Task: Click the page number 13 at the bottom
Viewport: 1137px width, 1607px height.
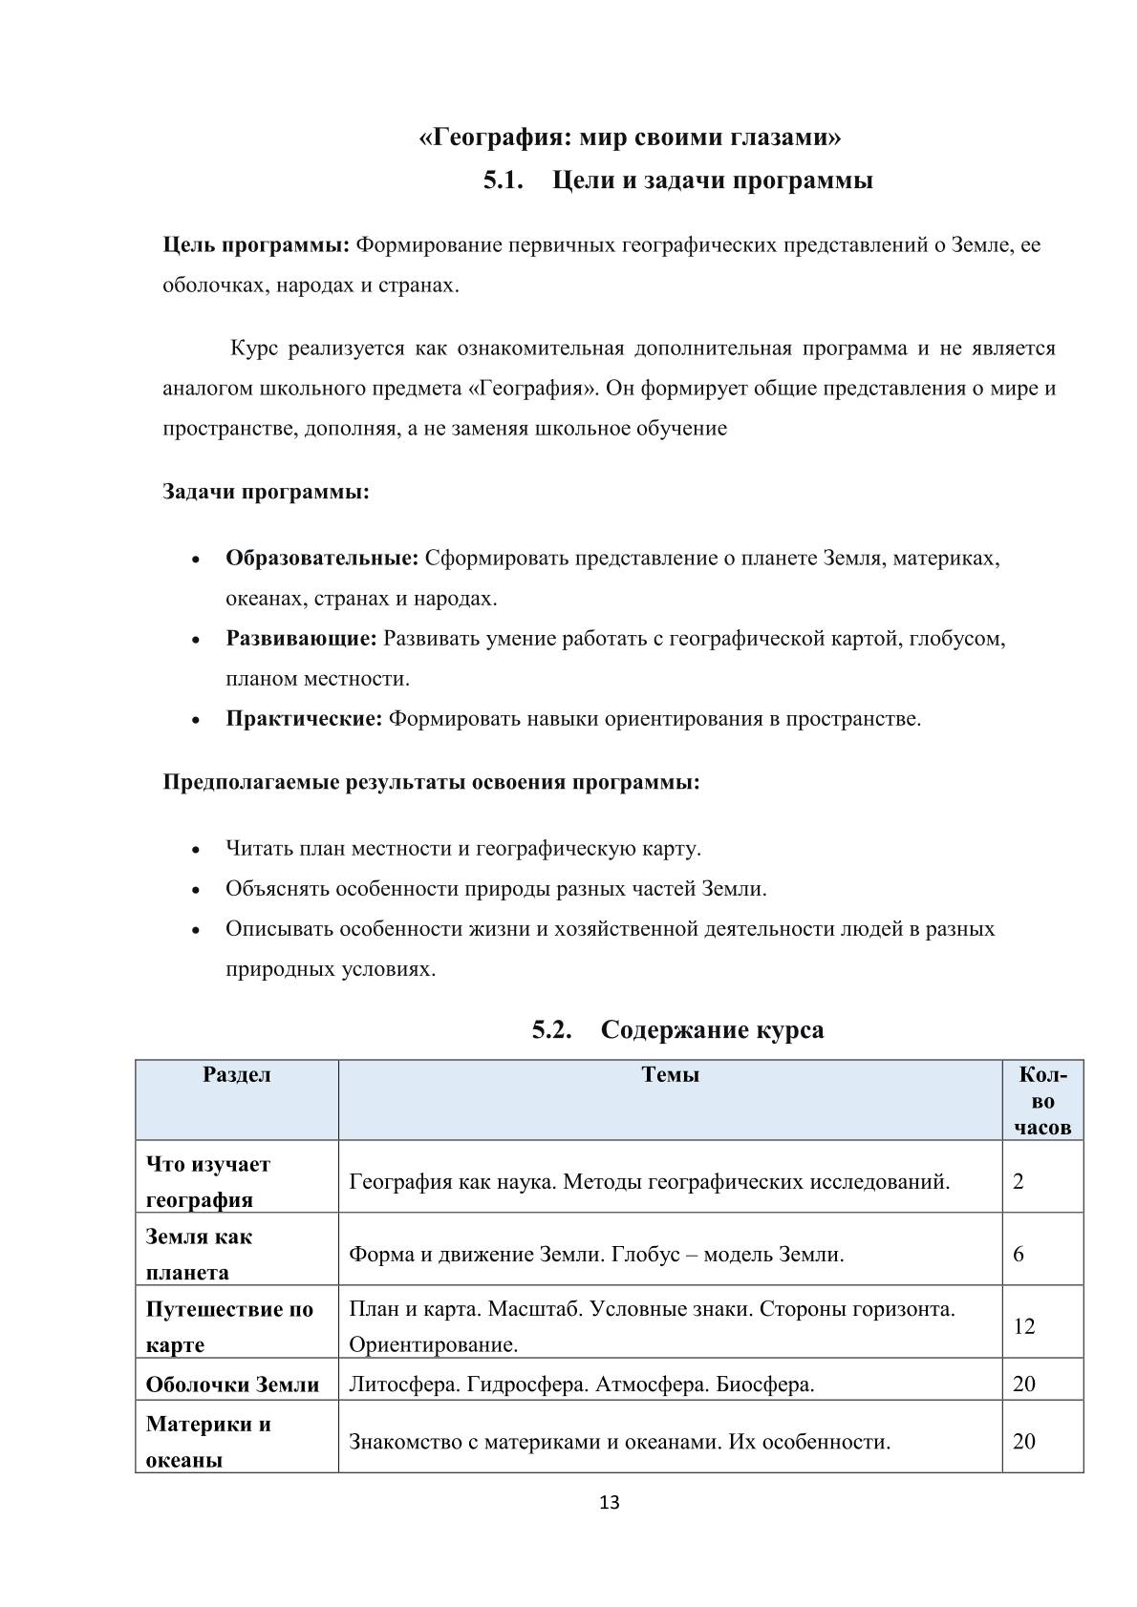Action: click(609, 1502)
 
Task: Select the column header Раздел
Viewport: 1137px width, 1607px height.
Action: click(236, 1074)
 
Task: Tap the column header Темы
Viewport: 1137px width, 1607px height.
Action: click(670, 1074)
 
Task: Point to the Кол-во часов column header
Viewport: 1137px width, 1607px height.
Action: click(1042, 1100)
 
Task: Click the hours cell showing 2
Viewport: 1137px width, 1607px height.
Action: click(1019, 1181)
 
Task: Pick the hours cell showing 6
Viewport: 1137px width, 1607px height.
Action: click(1019, 1254)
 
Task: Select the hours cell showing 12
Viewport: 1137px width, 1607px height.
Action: click(1023, 1326)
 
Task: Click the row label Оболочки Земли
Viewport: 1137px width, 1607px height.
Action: click(232, 1385)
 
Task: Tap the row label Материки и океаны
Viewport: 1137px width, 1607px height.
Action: click(208, 1441)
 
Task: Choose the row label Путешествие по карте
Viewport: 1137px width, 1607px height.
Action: click(229, 1326)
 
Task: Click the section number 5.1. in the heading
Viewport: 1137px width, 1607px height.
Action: click(504, 180)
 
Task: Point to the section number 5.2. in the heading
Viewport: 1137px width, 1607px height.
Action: click(552, 1030)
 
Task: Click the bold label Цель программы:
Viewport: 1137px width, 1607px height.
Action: click(256, 245)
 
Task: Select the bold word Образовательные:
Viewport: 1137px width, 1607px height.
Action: click(322, 558)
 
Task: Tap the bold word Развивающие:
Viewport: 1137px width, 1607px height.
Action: click(301, 638)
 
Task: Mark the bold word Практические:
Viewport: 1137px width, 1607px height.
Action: click(304, 718)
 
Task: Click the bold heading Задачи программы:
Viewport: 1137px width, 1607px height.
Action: click(266, 493)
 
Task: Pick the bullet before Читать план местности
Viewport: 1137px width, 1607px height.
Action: click(196, 849)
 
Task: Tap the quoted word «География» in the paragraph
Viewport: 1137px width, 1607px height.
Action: click(527, 389)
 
